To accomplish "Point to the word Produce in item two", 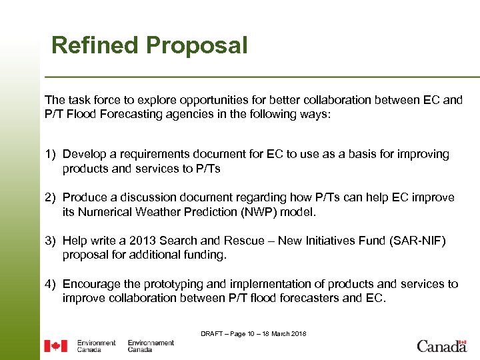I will [85, 197].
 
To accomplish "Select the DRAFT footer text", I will [253, 333].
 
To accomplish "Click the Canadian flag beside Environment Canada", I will [55, 346].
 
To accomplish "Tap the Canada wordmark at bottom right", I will [441, 346].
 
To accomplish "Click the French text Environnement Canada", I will [151, 346].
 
